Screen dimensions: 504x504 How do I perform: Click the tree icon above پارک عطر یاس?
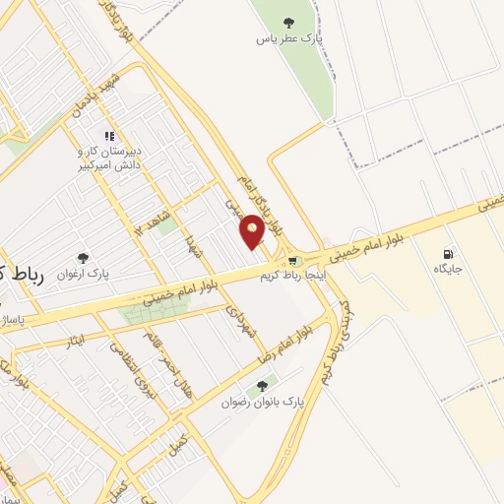(x=288, y=22)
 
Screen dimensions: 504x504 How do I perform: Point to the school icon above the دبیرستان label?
(x=109, y=137)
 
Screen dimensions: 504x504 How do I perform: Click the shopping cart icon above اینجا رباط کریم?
(x=293, y=261)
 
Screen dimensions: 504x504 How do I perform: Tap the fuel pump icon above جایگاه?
(x=450, y=252)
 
